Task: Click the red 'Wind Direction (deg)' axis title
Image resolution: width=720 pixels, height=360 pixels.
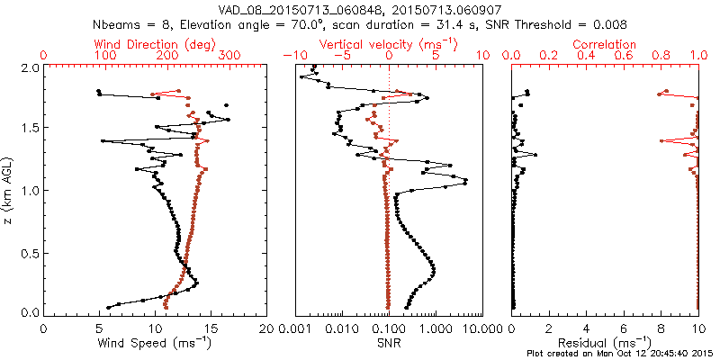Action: (155, 44)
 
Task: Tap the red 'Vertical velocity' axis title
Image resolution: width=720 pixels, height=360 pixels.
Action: (388, 44)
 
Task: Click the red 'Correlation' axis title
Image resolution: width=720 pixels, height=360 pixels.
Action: (605, 44)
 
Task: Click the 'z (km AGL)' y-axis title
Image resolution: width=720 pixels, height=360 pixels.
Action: (8, 190)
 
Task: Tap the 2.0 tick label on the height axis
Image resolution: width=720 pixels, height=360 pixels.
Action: (29, 67)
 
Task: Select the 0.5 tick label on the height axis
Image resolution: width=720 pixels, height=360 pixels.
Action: (29, 252)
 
